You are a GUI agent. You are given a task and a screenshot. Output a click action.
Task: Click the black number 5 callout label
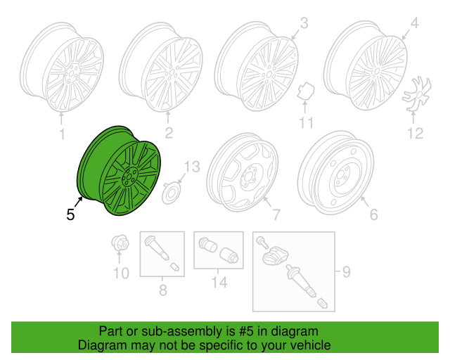click(x=70, y=214)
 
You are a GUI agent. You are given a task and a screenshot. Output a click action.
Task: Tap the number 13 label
click(x=192, y=167)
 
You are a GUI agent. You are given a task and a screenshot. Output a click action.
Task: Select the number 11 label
click(x=306, y=122)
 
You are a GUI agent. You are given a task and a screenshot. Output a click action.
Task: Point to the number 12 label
click(x=416, y=134)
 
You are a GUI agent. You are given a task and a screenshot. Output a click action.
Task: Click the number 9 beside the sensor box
click(x=347, y=271)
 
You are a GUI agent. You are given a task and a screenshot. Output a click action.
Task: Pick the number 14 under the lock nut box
click(x=219, y=282)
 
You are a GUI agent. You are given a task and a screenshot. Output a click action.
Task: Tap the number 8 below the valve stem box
click(x=162, y=290)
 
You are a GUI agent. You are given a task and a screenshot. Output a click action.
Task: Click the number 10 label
click(x=121, y=274)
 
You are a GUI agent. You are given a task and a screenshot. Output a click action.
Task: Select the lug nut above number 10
click(x=120, y=243)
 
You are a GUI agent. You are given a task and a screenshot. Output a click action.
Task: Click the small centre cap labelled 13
click(x=172, y=194)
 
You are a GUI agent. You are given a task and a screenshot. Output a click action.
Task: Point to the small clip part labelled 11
click(x=306, y=91)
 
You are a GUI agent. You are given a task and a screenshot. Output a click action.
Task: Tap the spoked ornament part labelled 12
click(x=417, y=94)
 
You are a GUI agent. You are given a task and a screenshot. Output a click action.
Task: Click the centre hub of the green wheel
click(x=130, y=177)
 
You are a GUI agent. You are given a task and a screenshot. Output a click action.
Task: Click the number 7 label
click(x=276, y=214)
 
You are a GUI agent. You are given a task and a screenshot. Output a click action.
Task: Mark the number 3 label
click(x=304, y=23)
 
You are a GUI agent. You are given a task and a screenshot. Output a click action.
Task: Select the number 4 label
click(x=414, y=23)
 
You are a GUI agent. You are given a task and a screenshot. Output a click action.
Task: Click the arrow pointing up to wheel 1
click(x=61, y=119)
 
